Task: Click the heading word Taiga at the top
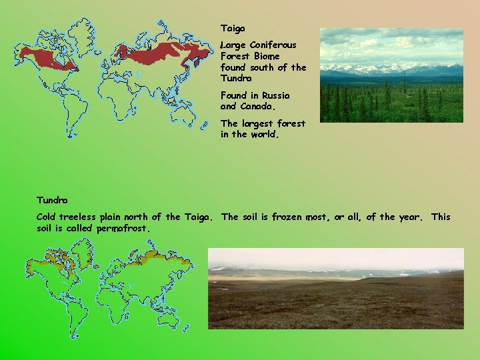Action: (x=233, y=29)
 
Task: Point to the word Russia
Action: (x=275, y=96)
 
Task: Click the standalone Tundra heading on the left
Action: (x=52, y=200)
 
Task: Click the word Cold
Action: (x=46, y=217)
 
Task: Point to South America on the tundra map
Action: (x=68, y=306)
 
